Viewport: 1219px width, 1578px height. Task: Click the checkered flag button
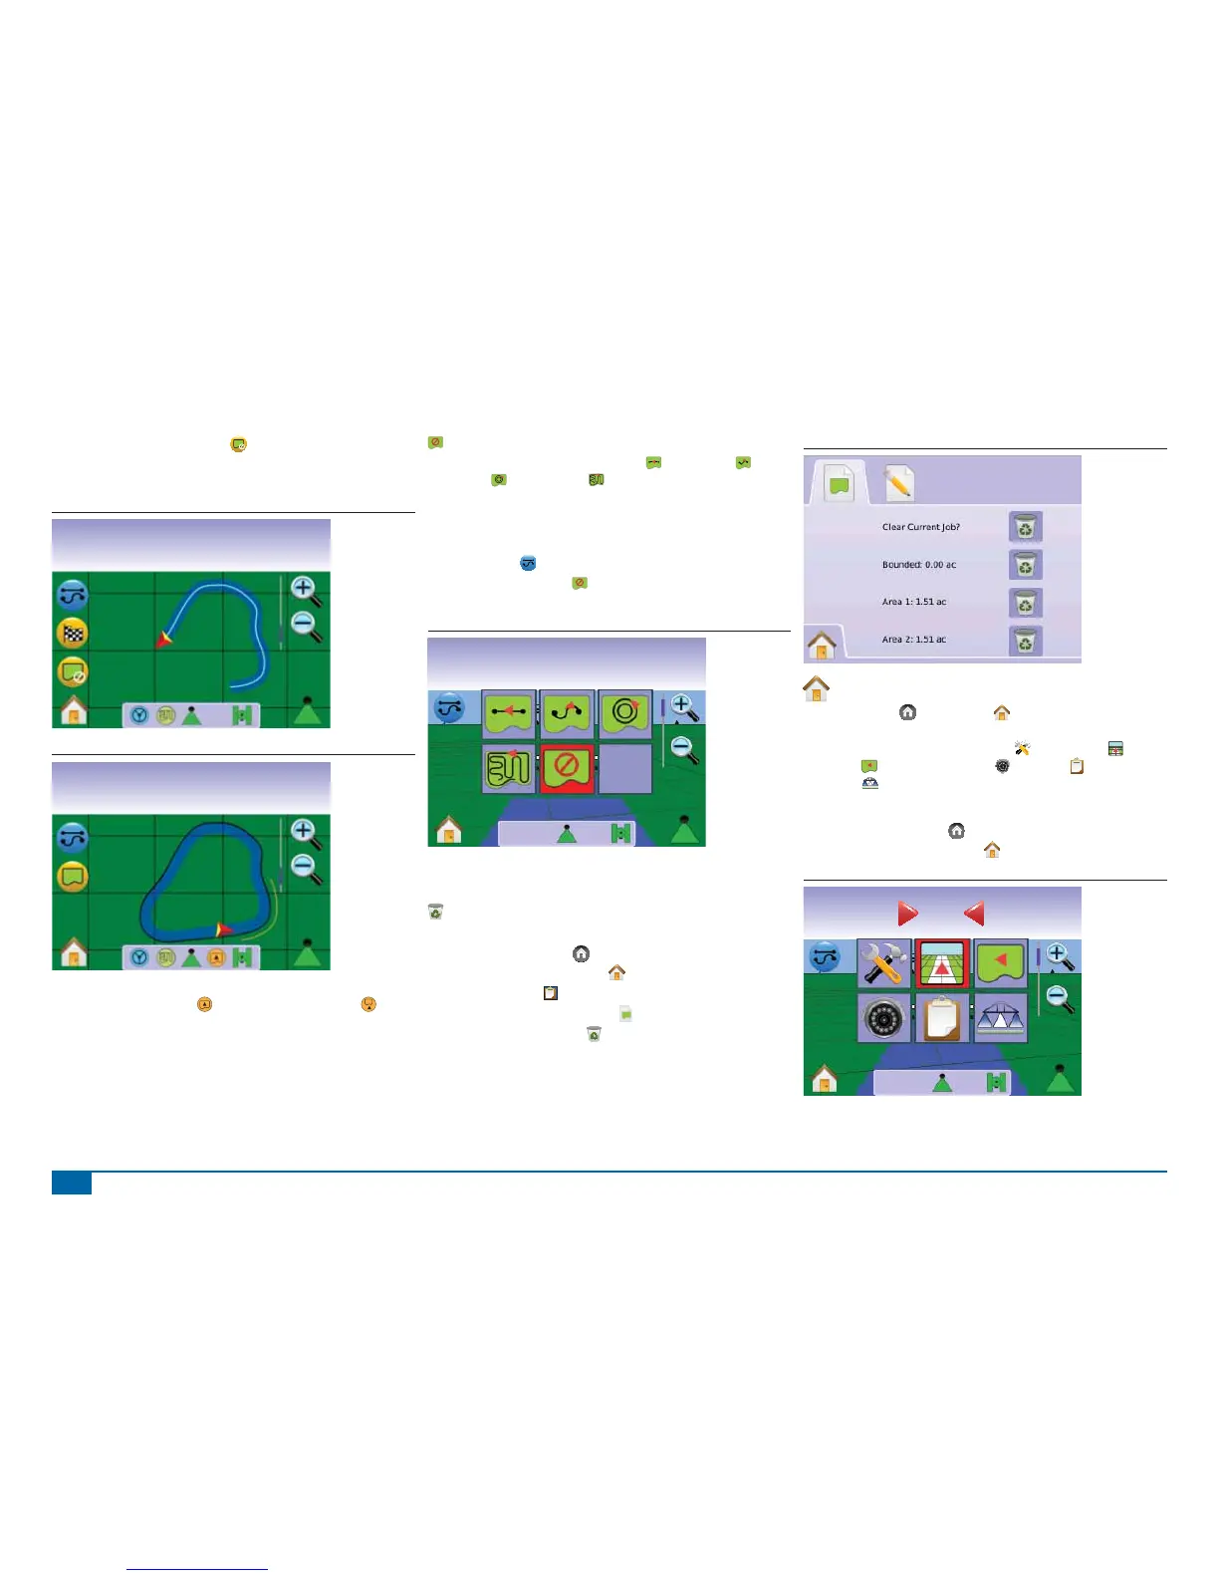pyautogui.click(x=73, y=634)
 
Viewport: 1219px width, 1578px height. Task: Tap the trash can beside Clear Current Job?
pyautogui.click(x=1025, y=527)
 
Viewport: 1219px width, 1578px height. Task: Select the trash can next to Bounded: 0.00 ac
pyautogui.click(x=1025, y=565)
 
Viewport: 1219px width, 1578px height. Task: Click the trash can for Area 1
pyautogui.click(x=1025, y=603)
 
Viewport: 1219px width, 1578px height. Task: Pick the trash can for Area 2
pyautogui.click(x=1025, y=641)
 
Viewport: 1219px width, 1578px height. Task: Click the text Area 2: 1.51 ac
pyautogui.click(x=913, y=640)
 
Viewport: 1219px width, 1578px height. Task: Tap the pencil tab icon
pyautogui.click(x=898, y=483)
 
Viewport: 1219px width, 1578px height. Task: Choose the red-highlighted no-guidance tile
pyautogui.click(x=567, y=768)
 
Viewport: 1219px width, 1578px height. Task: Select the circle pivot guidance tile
pyautogui.click(x=625, y=714)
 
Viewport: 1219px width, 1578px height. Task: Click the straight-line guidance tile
pyautogui.click(x=509, y=714)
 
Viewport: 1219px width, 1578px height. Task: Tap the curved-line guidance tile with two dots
pyautogui.click(x=567, y=714)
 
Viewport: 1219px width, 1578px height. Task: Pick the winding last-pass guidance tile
pyautogui.click(x=509, y=768)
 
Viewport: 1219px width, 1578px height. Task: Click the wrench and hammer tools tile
pyautogui.click(x=883, y=964)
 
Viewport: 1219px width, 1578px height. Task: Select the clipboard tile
pyautogui.click(x=942, y=1018)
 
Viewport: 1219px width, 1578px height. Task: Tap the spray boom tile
pyautogui.click(x=1000, y=1018)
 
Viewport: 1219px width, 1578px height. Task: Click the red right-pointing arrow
pyautogui.click(x=907, y=914)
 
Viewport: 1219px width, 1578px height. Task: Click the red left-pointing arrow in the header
pyautogui.click(x=974, y=914)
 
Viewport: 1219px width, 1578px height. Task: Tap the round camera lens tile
pyautogui.click(x=883, y=1018)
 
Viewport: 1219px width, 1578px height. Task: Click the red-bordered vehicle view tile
pyautogui.click(x=942, y=964)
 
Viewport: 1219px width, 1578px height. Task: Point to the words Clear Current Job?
pyautogui.click(x=920, y=527)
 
